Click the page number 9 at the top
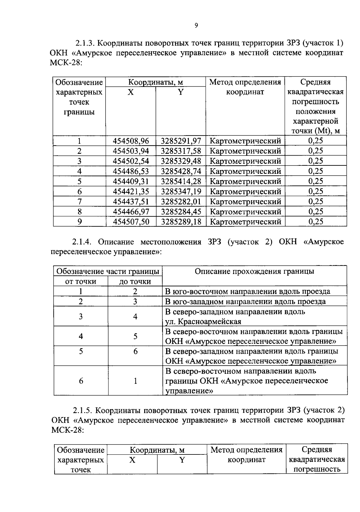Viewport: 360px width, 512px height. click(196, 25)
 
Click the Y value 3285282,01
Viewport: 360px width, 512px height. click(181, 201)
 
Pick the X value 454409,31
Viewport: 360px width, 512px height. click(131, 181)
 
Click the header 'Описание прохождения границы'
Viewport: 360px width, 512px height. click(254, 272)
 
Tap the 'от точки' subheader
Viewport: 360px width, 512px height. click(81, 281)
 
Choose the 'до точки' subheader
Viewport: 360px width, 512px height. click(135, 281)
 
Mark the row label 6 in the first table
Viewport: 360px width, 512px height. click(79, 192)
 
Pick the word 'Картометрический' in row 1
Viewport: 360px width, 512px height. click(245, 141)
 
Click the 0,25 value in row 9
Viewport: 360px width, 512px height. click(316, 222)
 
